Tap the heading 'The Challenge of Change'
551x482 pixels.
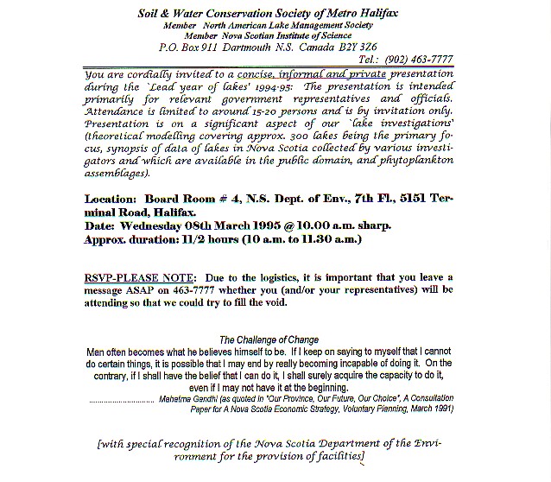[269, 340]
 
